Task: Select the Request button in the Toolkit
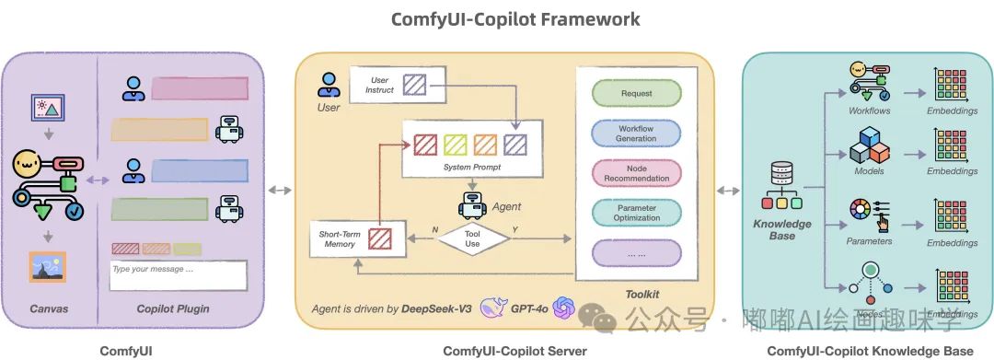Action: (636, 94)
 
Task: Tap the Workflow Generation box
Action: (636, 133)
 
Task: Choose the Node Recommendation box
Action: (636, 172)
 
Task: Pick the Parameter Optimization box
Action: (636, 212)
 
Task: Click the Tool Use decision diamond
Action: (471, 238)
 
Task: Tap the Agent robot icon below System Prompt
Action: (470, 203)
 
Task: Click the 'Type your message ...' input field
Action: (178, 275)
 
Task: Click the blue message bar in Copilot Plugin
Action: (198, 170)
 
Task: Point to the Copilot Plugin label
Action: (172, 308)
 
